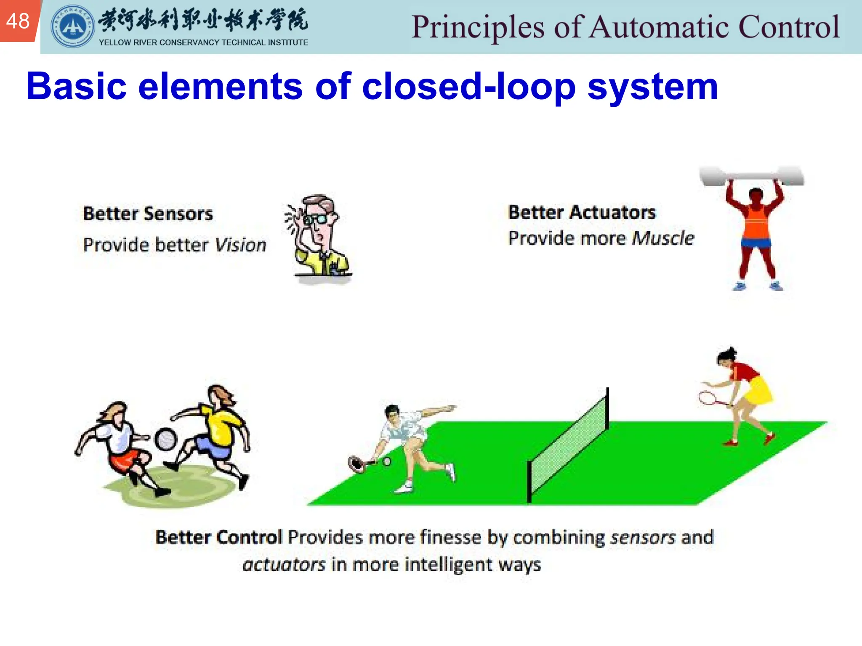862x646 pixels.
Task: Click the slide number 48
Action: pos(18,21)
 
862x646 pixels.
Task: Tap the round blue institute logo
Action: pos(72,26)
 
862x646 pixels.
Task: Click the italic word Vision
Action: pos(240,245)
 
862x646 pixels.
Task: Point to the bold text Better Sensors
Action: pos(148,214)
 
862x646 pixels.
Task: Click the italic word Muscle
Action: pos(663,238)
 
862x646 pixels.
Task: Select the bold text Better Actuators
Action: pos(582,212)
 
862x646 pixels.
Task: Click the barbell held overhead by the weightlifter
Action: pos(751,176)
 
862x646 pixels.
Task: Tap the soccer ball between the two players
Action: pos(166,439)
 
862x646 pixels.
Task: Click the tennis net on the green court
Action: pos(568,446)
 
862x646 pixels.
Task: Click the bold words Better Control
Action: pos(218,537)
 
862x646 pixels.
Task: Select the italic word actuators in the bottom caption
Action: pos(284,564)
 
